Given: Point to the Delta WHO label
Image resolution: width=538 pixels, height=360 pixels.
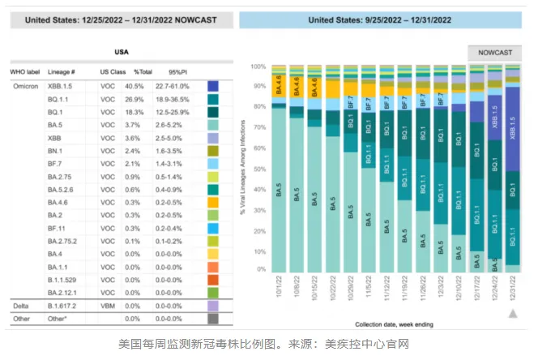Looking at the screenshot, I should pos(20,306).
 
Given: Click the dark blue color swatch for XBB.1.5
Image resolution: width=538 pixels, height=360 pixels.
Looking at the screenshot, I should pos(213,85).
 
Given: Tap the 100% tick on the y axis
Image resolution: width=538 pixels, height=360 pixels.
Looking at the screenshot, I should pos(258,66).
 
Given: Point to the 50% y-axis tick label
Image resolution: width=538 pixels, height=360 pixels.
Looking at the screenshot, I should pos(259,168).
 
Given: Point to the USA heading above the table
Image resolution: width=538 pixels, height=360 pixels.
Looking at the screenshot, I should pos(119,51).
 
